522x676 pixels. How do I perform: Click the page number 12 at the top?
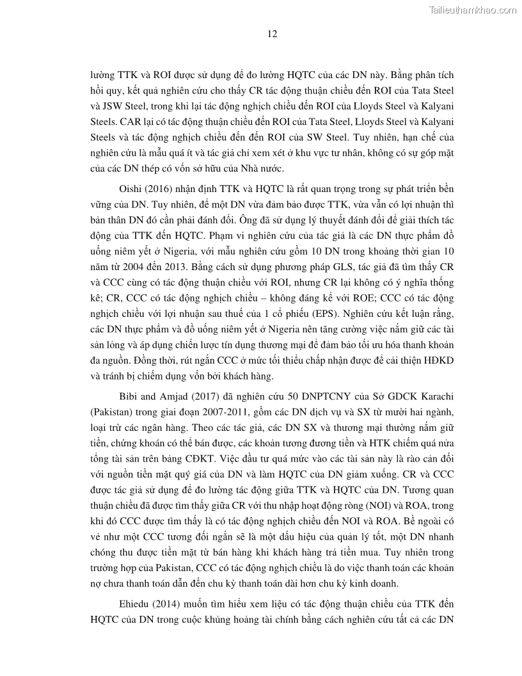272,35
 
